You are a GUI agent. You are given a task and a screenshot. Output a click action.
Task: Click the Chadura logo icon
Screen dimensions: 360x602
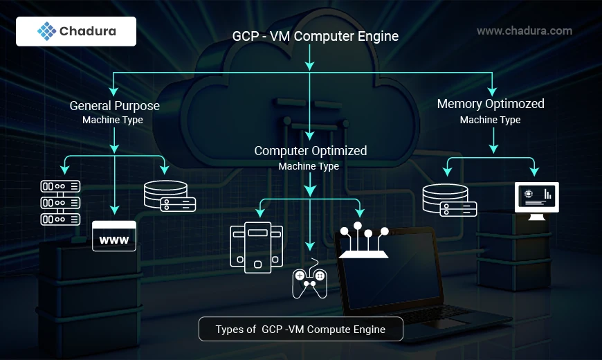pos(46,32)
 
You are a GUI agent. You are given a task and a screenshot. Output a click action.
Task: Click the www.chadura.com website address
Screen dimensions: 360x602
pos(525,30)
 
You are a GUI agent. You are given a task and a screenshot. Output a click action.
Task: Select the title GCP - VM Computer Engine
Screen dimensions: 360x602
pos(315,36)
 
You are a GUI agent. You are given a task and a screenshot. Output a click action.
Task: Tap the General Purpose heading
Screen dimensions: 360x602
pos(114,106)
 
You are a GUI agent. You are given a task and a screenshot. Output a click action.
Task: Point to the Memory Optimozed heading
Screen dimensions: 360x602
pos(491,104)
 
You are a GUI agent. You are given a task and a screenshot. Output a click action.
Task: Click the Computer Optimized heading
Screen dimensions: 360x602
pos(311,150)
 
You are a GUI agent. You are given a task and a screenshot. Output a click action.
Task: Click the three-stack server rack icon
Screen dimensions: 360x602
pos(60,202)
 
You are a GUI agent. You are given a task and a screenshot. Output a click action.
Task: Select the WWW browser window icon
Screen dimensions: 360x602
pos(114,236)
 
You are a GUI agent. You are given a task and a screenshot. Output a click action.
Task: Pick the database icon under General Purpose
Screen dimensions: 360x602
pos(169,196)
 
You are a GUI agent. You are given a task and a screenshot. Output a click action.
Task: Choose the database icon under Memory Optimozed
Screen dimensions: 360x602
pos(449,200)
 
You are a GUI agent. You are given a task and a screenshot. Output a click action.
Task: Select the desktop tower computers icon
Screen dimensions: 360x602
pos(255,248)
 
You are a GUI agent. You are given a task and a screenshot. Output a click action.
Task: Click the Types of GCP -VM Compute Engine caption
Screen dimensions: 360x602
pos(300,330)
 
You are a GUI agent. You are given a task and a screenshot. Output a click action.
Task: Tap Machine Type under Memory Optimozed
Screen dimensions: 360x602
pos(490,120)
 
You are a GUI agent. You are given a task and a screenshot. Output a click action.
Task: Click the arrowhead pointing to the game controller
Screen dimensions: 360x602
pos(310,246)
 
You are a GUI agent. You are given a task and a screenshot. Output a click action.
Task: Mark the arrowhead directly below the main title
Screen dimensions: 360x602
pos(310,64)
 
